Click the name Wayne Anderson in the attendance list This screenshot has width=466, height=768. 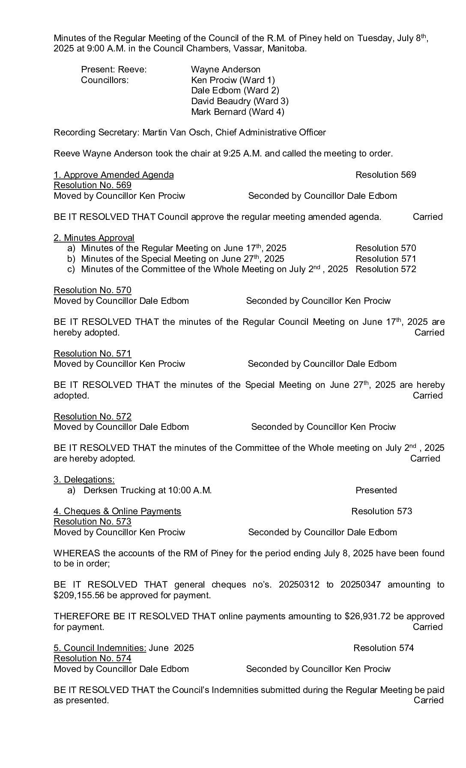click(x=225, y=69)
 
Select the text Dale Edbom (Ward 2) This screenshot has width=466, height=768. click(x=235, y=90)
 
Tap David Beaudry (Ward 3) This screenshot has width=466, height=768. click(x=239, y=101)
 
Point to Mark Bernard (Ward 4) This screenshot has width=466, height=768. click(x=237, y=112)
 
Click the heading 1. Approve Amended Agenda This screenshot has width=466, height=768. click(x=114, y=175)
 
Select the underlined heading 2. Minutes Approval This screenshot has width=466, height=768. click(x=94, y=238)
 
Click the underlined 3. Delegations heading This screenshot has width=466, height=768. click(x=84, y=480)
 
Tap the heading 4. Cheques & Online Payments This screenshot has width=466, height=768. click(x=117, y=511)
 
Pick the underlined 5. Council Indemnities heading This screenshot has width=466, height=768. click(x=100, y=648)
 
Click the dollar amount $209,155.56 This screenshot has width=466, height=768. click(x=81, y=595)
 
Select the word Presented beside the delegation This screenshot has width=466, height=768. click(x=376, y=490)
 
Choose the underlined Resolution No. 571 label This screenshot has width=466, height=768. click(x=92, y=354)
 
